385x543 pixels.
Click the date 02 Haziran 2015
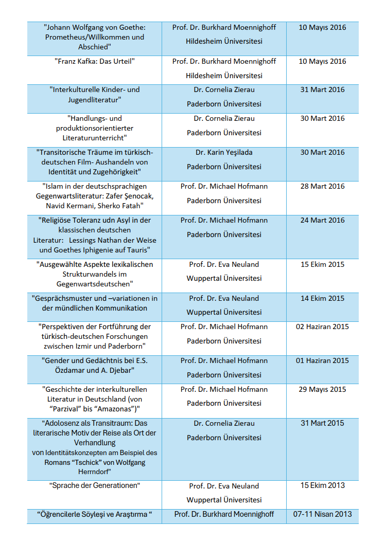(x=322, y=327)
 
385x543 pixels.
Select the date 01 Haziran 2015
(x=322, y=360)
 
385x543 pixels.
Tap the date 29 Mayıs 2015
(x=322, y=389)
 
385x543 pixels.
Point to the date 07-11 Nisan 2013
(x=322, y=514)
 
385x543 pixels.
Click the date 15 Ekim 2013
(x=322, y=485)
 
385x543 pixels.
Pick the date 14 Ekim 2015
(x=322, y=298)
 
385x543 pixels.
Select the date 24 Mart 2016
(x=322, y=220)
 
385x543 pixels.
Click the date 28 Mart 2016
(x=322, y=186)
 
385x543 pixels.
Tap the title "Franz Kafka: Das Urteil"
(x=94, y=61)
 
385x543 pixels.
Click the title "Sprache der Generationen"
(x=94, y=485)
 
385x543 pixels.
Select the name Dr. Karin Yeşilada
(x=224, y=152)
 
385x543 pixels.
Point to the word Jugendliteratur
(x=94, y=99)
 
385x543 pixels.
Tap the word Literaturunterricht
(x=94, y=138)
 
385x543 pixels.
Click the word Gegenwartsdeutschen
(x=94, y=283)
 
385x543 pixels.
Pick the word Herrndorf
(x=94, y=472)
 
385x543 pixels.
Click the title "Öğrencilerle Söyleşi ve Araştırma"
(x=95, y=514)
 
